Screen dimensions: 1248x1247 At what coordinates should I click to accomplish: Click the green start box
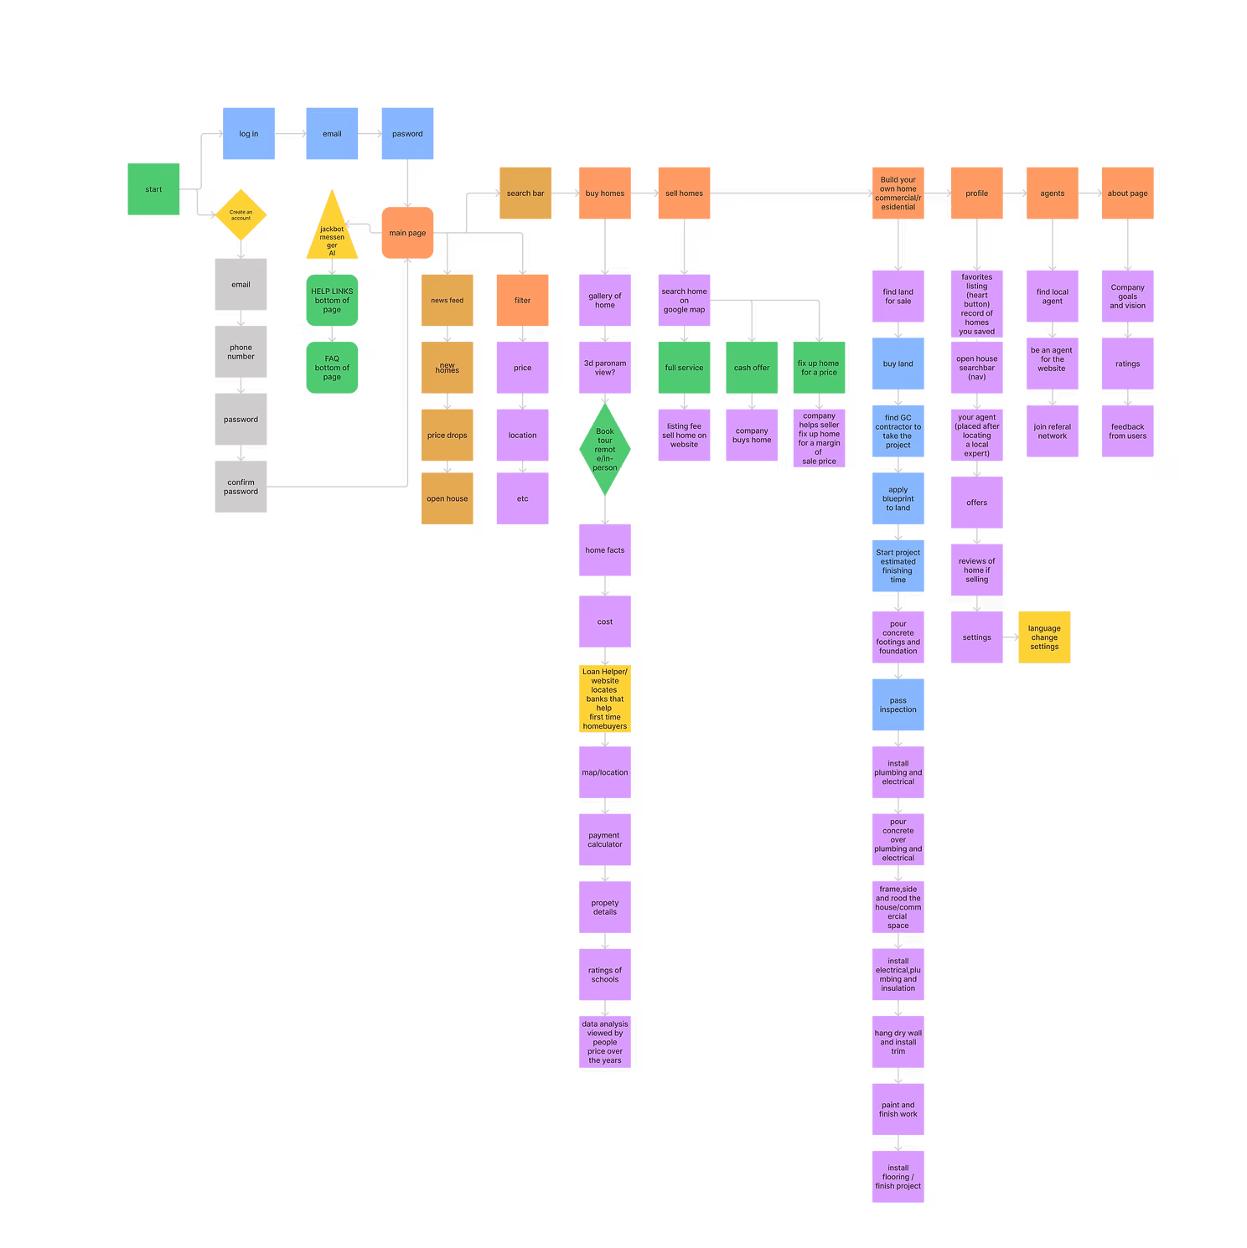tap(153, 189)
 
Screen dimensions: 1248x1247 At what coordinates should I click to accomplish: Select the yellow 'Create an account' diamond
tap(241, 214)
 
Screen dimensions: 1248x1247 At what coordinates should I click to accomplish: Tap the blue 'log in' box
tap(248, 134)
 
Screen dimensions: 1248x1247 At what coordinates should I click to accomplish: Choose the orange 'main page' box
tap(407, 233)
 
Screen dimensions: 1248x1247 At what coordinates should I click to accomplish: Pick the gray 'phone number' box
tap(241, 352)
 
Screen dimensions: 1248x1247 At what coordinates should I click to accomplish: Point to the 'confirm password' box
tap(241, 487)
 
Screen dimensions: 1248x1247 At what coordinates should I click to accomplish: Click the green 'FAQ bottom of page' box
tap(332, 368)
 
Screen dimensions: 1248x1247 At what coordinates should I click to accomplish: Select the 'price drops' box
tap(447, 436)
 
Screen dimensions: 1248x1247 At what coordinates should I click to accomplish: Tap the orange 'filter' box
tap(522, 300)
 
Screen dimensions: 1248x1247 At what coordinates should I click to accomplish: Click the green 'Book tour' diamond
tap(604, 450)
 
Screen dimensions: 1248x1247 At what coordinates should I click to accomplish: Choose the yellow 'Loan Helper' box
tap(604, 699)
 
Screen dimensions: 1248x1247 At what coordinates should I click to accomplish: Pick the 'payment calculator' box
tap(604, 839)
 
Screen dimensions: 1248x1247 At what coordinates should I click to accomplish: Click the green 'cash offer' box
tap(752, 368)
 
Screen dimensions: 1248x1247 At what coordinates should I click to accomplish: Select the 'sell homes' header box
tap(684, 193)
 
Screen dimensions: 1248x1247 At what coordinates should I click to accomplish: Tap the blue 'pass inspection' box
tap(898, 704)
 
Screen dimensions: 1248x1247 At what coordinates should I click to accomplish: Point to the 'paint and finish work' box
tap(898, 1109)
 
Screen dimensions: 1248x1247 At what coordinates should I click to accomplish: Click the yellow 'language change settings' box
tap(1044, 637)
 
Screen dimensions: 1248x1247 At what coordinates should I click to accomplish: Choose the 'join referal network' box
tap(1052, 431)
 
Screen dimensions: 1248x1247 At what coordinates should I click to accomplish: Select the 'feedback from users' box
tap(1127, 431)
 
